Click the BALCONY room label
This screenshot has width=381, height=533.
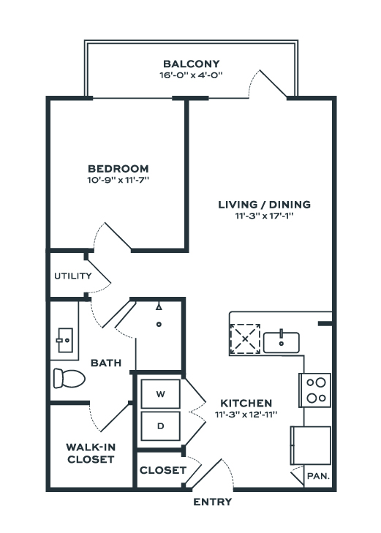pos(192,64)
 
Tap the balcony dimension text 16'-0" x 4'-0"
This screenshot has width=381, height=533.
pos(191,75)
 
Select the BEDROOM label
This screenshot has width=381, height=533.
pos(118,168)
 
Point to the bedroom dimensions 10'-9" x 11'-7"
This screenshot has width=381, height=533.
pos(118,180)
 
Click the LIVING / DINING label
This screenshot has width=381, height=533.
pos(265,204)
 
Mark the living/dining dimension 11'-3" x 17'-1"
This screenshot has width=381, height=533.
pos(264,216)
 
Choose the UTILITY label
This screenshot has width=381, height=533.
pos(73,276)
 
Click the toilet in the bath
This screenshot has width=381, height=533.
pos(69,378)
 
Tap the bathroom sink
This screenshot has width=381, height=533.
pos(64,340)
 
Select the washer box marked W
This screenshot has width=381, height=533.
pos(160,394)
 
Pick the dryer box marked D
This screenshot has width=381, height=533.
pos(160,426)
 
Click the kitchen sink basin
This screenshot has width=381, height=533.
pos(282,343)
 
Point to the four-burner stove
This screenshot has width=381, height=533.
pos(314,390)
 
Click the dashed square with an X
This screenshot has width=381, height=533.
pos(246,339)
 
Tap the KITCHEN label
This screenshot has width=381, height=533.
pos(246,403)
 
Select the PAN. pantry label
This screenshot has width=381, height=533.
pos(318,476)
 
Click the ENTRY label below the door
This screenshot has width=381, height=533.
pos(213,502)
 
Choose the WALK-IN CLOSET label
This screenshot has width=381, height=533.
pos(91,453)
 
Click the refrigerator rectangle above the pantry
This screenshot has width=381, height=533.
pos(311,445)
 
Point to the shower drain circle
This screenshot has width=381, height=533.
pos(159,325)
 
